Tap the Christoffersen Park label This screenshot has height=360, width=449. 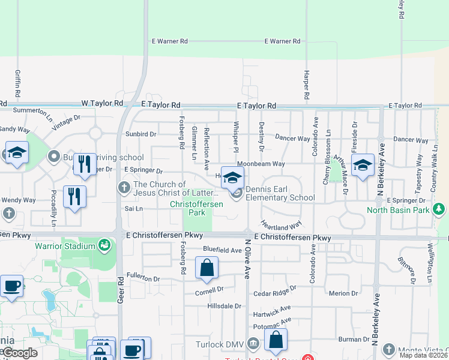[196, 208]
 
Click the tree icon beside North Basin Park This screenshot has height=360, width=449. [440, 209]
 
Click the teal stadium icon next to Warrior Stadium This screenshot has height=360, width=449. [106, 245]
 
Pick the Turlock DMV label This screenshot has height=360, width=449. [221, 344]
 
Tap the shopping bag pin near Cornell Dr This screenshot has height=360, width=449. [206, 268]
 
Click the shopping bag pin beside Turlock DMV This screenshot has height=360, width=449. [276, 340]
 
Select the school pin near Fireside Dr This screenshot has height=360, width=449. [363, 164]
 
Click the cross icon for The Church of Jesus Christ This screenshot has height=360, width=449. [124, 188]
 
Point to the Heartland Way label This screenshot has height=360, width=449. [281, 224]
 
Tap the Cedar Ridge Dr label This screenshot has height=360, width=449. [275, 291]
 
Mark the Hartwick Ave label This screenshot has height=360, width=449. [271, 313]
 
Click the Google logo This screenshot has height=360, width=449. [19, 353]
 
